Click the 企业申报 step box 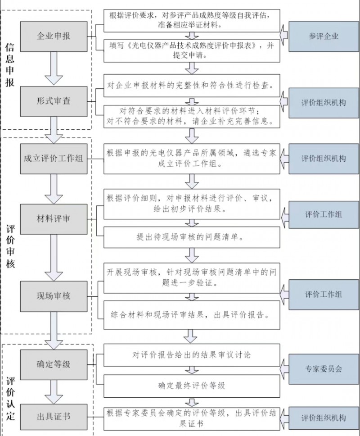tap(54, 36)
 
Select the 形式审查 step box tap(54, 101)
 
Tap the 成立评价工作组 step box tap(54, 159)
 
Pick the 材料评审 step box tap(54, 219)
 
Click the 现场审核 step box tap(54, 296)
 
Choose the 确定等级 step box tap(54, 364)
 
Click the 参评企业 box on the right tap(324, 36)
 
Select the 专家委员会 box tap(324, 368)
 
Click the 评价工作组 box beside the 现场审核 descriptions tap(324, 295)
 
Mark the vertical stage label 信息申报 tap(10, 65)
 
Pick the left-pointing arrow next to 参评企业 tap(284, 36)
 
